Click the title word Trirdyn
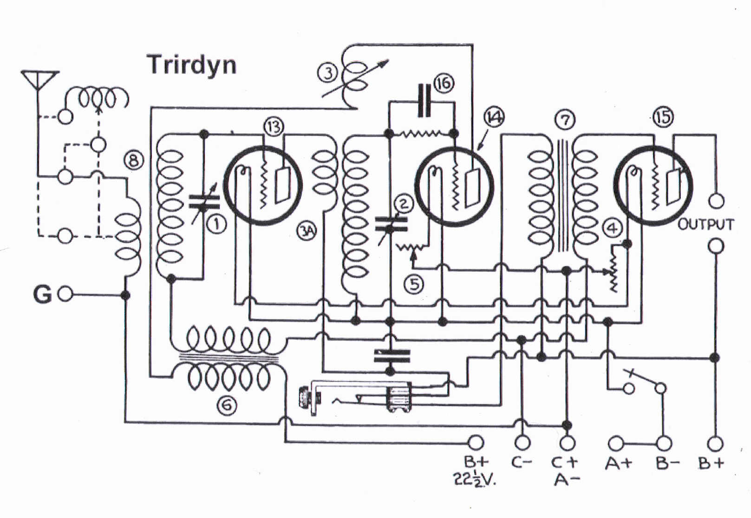point(192,65)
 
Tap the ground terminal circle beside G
point(65,294)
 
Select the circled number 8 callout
point(134,161)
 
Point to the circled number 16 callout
point(444,83)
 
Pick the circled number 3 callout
point(328,73)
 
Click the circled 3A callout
point(307,231)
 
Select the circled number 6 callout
point(227,406)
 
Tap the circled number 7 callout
point(565,120)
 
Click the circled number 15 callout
point(663,117)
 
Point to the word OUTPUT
point(705,225)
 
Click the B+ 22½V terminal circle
point(476,442)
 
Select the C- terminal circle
point(522,442)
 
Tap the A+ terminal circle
point(616,443)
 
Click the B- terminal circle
point(665,443)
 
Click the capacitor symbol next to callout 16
point(424,100)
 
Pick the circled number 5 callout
point(414,284)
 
